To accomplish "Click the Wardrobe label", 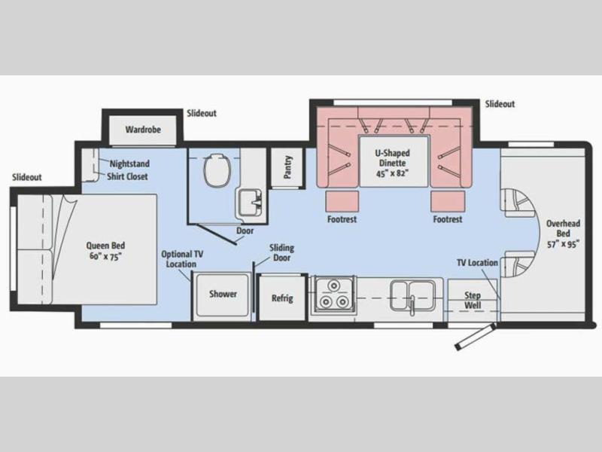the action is pyautogui.click(x=143, y=130).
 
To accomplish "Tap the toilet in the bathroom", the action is pyautogui.click(x=217, y=170).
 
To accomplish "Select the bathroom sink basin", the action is pyautogui.click(x=250, y=202).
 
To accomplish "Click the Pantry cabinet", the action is pyautogui.click(x=288, y=167).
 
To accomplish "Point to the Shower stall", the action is pyautogui.click(x=221, y=295).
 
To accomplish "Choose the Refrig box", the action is pyautogui.click(x=283, y=298).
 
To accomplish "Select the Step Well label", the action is pyautogui.click(x=473, y=300).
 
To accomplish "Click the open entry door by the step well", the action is pyautogui.click(x=475, y=337).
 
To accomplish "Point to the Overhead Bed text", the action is pyautogui.click(x=563, y=228).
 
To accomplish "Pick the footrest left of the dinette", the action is pyautogui.click(x=342, y=201).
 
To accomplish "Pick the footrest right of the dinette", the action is pyautogui.click(x=448, y=201).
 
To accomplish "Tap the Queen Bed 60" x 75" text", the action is pyautogui.click(x=105, y=251).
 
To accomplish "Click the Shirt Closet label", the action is pyautogui.click(x=127, y=177).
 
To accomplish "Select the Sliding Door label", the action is pyautogui.click(x=281, y=252).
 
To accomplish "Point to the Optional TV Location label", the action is pyautogui.click(x=182, y=259).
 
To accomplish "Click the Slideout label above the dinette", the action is pyautogui.click(x=500, y=104).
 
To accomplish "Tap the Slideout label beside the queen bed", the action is pyautogui.click(x=26, y=177).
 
